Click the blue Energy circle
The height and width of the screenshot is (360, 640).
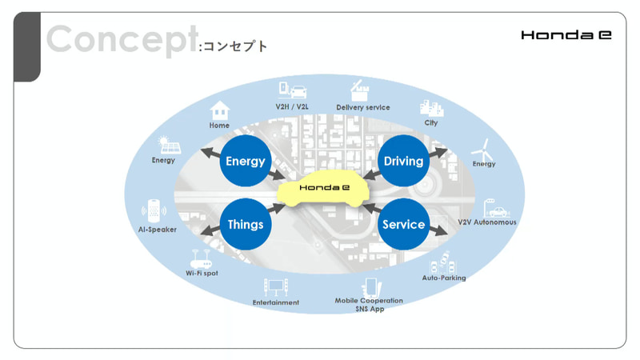click(245, 161)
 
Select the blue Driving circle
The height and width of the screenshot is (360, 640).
click(403, 161)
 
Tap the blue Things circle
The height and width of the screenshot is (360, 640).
click(245, 224)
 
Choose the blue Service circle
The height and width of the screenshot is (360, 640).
click(403, 224)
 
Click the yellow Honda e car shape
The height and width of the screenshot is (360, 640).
click(323, 190)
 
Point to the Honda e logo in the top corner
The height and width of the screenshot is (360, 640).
click(566, 35)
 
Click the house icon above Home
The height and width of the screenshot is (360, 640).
click(219, 110)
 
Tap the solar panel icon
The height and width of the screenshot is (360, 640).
click(169, 146)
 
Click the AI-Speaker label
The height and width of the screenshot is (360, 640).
click(157, 230)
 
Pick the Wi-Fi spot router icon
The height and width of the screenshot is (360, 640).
click(199, 259)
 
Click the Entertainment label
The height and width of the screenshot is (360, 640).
click(276, 302)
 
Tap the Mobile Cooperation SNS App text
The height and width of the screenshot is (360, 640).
click(369, 305)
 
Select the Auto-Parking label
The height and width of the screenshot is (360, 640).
click(444, 278)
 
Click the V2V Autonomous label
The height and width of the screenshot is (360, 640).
click(487, 222)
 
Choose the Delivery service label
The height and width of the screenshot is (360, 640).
click(363, 107)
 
